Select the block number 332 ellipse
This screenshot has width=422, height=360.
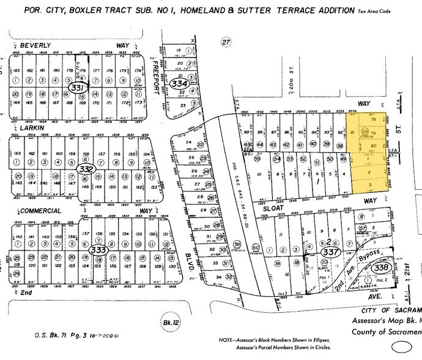point(86,168)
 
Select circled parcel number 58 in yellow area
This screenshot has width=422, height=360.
point(365,130)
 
